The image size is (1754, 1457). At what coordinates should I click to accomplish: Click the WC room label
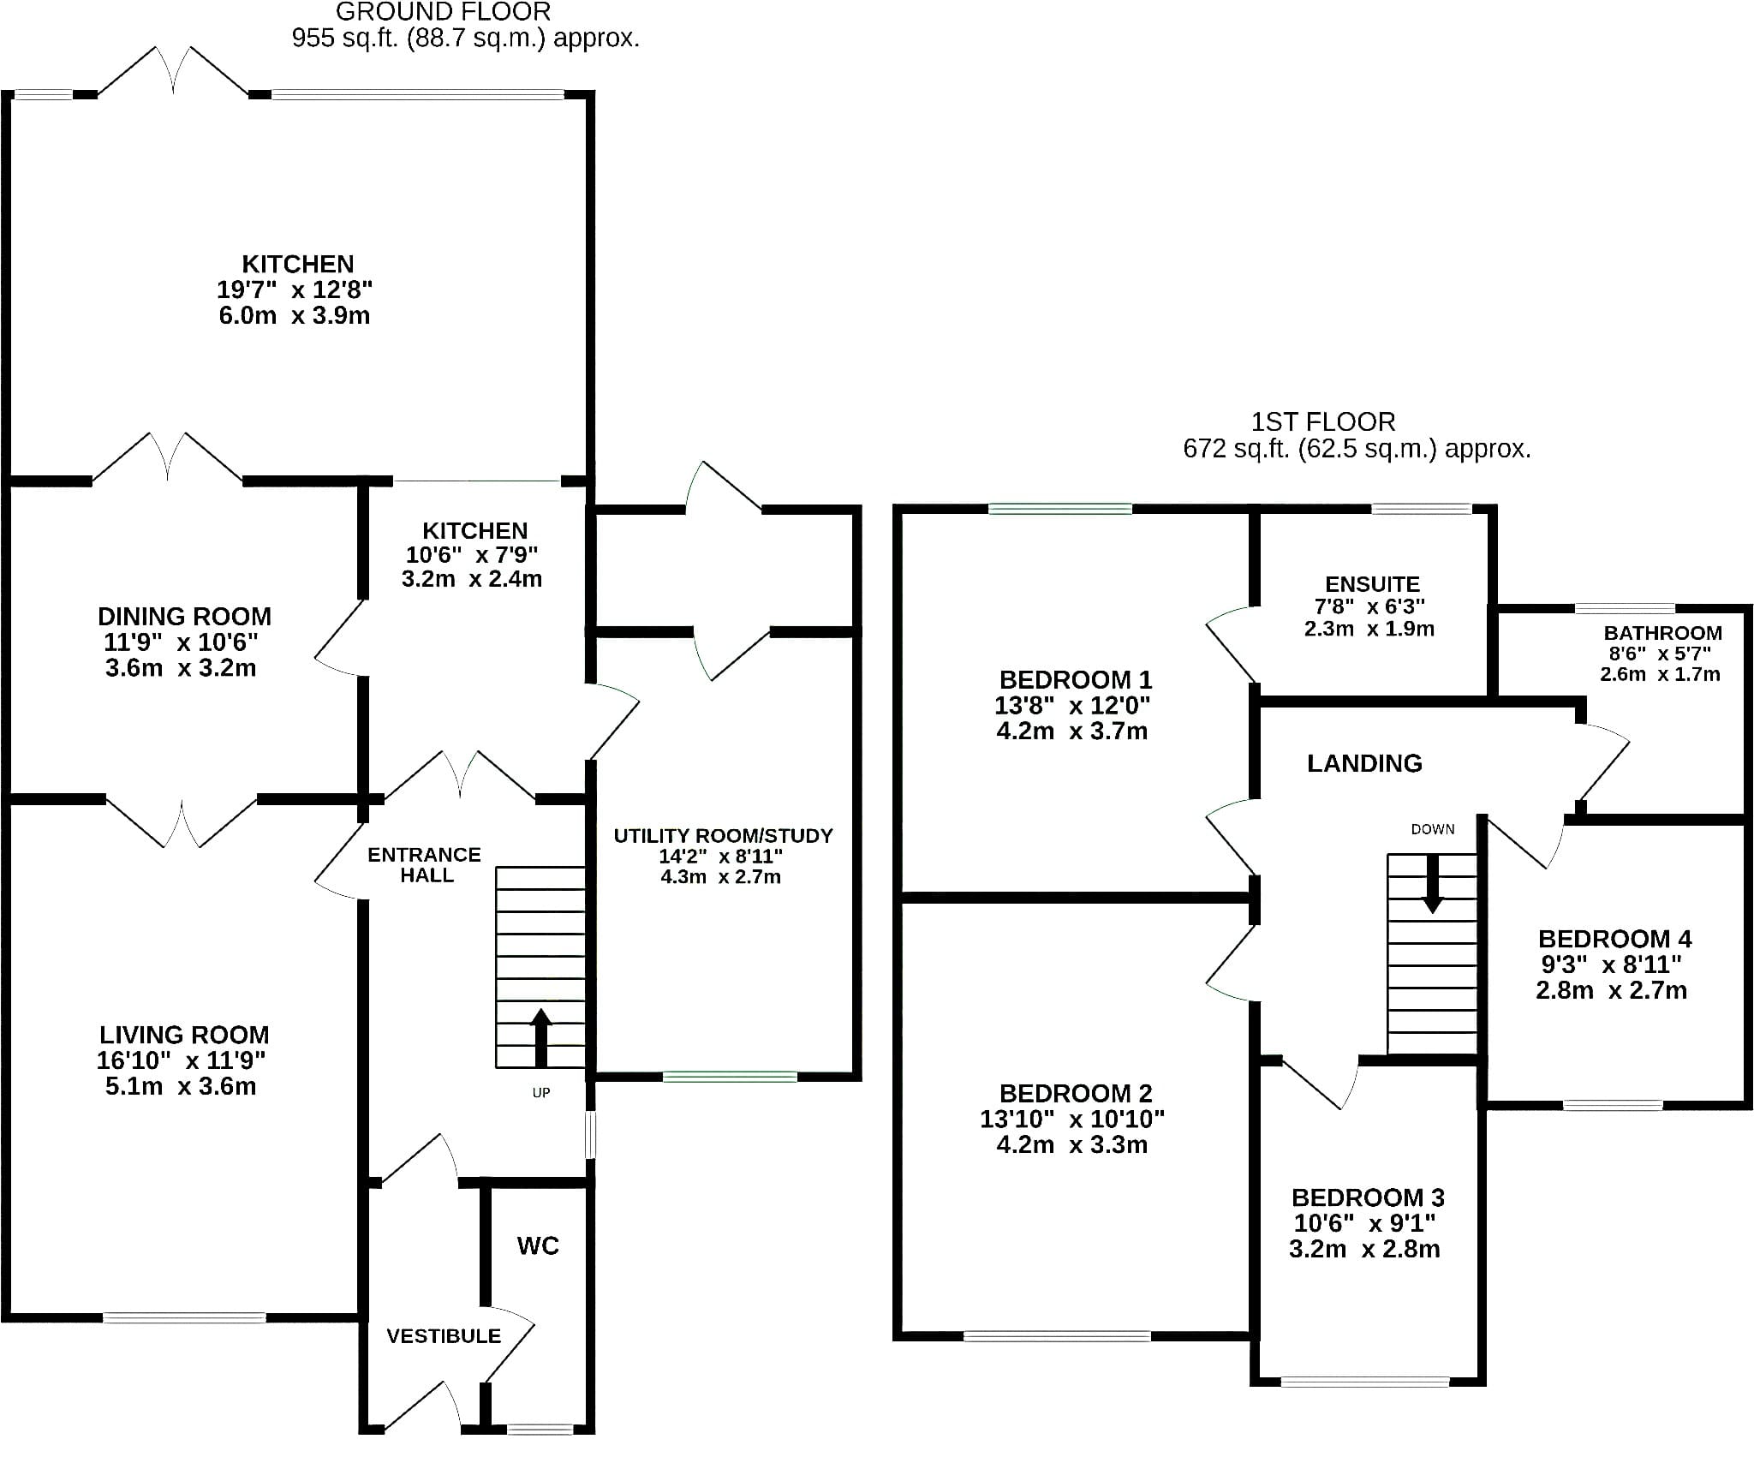538,1245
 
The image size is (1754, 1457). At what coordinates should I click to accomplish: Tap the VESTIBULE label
444,1336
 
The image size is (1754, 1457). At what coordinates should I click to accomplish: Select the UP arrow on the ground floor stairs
540,1037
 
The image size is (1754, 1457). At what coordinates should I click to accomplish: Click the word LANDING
1364,763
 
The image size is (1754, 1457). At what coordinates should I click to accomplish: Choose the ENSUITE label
1372,584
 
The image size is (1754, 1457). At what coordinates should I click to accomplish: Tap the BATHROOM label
1662,633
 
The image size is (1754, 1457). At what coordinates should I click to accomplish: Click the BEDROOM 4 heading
1614,939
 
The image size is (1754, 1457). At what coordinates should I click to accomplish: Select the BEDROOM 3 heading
1368,1197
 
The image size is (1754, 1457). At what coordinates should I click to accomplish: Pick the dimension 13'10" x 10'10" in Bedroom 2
1072,1119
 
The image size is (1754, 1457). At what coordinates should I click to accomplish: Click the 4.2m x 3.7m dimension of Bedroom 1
1072,731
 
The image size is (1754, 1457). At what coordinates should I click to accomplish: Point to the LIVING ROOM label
184,1035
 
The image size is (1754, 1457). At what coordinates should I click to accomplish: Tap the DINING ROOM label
184,617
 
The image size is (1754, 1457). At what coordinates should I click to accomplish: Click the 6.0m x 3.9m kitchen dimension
295,315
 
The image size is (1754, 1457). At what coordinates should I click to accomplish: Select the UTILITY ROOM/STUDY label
723,835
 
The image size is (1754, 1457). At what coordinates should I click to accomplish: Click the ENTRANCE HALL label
425,865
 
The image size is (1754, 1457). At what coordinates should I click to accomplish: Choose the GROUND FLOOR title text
443,12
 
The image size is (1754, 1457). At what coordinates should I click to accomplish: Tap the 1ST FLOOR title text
1323,422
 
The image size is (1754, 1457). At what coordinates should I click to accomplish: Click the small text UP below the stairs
541,1093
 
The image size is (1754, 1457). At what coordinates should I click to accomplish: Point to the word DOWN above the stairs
1433,829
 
